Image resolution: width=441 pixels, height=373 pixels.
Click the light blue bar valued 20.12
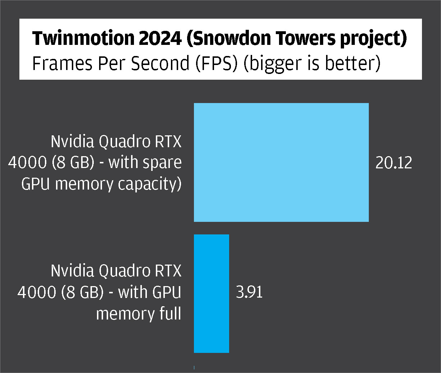[x=281, y=162]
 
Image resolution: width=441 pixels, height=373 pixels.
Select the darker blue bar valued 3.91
[x=212, y=293]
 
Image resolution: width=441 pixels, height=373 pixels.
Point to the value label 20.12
[x=394, y=163]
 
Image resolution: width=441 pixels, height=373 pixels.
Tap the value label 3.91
[x=249, y=292]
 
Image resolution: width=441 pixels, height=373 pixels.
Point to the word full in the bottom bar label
[x=170, y=313]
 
